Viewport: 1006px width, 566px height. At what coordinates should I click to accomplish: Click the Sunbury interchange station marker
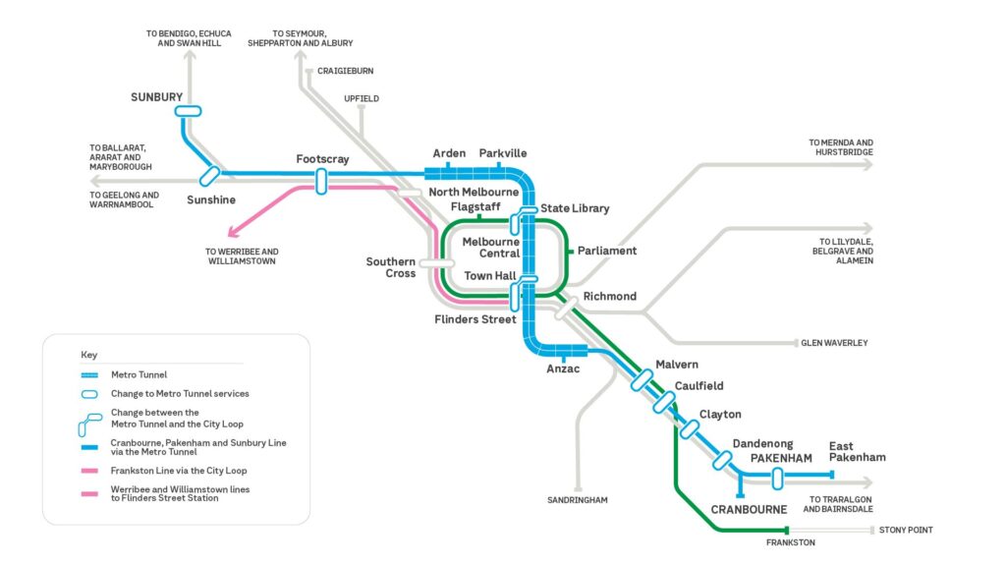coord(188,111)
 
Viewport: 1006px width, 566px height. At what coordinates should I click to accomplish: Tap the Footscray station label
coord(322,158)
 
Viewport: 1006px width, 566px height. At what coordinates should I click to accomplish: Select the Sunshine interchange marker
coord(209,175)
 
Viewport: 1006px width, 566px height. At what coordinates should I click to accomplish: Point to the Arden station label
coord(449,153)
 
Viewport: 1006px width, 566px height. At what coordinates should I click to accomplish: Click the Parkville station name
coord(503,153)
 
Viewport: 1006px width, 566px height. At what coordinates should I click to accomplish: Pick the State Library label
coord(575,208)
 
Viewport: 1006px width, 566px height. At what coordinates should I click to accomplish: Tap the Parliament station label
coord(607,251)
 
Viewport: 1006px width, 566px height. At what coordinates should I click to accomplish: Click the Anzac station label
coord(563,369)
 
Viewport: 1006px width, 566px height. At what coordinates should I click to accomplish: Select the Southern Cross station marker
coord(436,263)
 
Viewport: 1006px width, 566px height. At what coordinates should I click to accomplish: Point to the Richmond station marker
coord(566,309)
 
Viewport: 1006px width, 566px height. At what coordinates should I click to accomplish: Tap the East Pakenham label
coord(857,452)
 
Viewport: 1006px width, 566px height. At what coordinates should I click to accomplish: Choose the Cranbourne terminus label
coord(749,510)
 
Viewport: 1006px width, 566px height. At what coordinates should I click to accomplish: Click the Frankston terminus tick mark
coord(787,530)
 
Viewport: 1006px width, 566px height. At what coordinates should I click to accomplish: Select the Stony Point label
coord(906,530)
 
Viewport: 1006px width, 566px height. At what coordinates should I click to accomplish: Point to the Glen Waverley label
coord(834,343)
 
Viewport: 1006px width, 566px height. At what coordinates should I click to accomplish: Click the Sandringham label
coord(578,500)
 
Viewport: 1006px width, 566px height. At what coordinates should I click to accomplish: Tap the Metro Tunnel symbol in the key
coord(89,374)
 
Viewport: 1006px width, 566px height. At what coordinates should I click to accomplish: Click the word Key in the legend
coord(89,355)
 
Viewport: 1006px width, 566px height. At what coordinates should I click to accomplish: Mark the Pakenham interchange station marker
coord(778,479)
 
